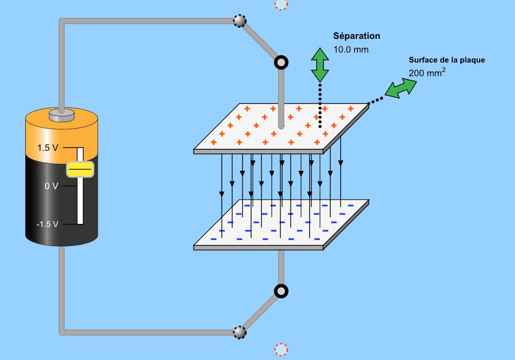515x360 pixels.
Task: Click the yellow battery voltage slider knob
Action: (80, 169)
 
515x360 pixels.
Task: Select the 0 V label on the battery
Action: (51, 186)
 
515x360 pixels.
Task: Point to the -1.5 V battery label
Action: (47, 224)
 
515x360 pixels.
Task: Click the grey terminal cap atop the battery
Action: (63, 115)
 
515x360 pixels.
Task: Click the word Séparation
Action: (356, 36)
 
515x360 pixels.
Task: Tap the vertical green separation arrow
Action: (319, 64)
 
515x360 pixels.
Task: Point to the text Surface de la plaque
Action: (447, 60)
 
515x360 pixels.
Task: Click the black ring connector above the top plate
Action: (282, 63)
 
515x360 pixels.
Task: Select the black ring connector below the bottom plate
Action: (282, 291)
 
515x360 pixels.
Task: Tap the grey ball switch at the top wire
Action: (240, 21)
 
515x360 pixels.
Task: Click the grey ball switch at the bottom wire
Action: (240, 332)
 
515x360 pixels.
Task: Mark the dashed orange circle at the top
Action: (281, 4)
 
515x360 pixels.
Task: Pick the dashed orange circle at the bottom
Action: (281, 349)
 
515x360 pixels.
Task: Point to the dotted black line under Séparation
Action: (320, 105)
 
